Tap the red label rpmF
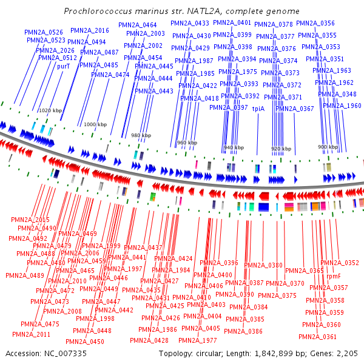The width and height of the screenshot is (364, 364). tap(334, 276)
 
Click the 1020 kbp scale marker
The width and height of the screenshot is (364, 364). tap(50, 110)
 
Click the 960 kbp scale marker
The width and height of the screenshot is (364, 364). tap(186, 143)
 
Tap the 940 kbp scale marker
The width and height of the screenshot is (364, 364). tap(234, 147)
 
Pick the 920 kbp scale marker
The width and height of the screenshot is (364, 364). tap(280, 148)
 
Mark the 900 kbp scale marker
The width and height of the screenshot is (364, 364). tap(328, 147)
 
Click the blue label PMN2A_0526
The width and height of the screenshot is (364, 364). tap(44, 32)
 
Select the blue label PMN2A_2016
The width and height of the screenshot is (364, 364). tap(90, 30)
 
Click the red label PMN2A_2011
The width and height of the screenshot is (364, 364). tap(31, 334)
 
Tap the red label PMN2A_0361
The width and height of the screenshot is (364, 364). tap(317, 337)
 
